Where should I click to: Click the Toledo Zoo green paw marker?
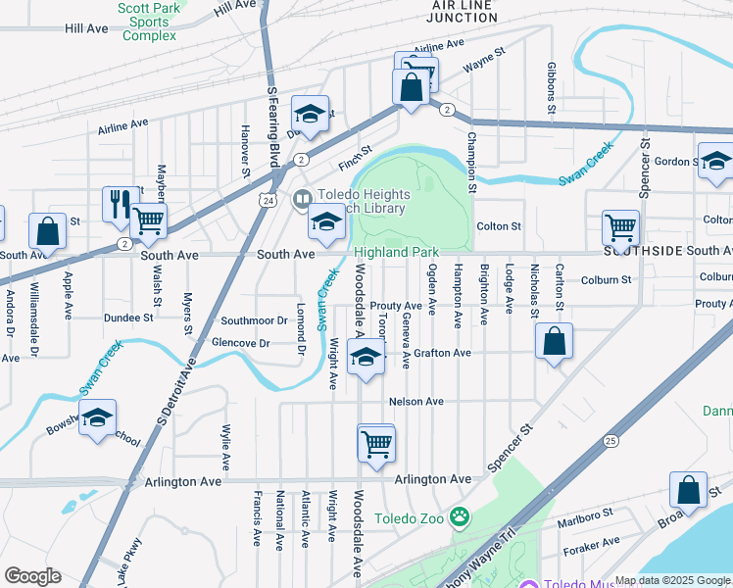tap(460, 515)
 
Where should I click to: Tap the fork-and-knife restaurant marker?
tap(121, 203)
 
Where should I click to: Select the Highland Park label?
tap(396, 252)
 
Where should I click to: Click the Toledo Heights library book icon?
tap(303, 199)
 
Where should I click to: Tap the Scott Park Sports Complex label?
tap(148, 22)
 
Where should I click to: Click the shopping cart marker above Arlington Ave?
tap(376, 444)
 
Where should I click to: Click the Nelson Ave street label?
tap(415, 402)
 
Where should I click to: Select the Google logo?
tap(32, 576)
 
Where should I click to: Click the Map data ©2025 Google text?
tap(671, 580)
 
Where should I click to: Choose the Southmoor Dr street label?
tap(254, 320)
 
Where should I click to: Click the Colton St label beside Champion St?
tap(498, 226)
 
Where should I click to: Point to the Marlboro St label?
tap(579, 513)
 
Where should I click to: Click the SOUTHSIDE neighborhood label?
tap(642, 252)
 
